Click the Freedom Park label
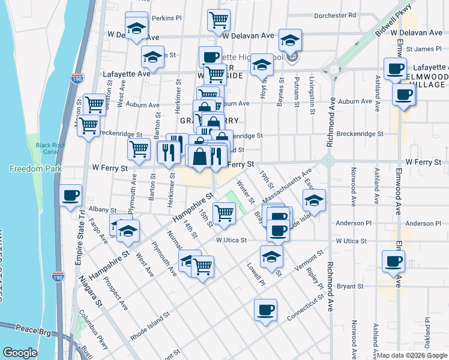tap(28, 169)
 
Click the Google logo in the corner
tap(20, 353)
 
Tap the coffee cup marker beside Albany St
tap(71, 196)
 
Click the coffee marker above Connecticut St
tap(265, 310)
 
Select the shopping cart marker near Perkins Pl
tap(218, 20)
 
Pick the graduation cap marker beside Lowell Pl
tap(271, 257)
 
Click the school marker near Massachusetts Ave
tap(314, 201)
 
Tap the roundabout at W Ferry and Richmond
tap(328, 161)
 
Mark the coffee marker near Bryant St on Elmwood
tap(394, 262)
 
